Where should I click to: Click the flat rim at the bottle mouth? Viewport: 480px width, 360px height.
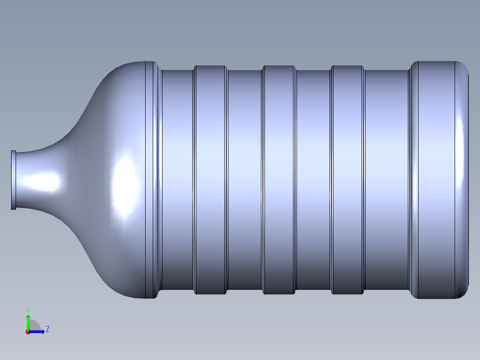click(x=13, y=180)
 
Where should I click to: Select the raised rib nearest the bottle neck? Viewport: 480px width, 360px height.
click(x=211, y=180)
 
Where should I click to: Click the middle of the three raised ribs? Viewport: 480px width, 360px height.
click(x=279, y=180)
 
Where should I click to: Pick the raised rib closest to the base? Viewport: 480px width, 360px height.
click(x=347, y=180)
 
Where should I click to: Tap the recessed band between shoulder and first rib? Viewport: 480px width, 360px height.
click(x=178, y=180)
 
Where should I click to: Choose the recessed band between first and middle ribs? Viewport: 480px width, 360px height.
click(x=245, y=180)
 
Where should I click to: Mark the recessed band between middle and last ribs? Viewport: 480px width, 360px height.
click(x=313, y=180)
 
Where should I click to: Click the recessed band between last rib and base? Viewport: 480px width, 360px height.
click(x=387, y=180)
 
